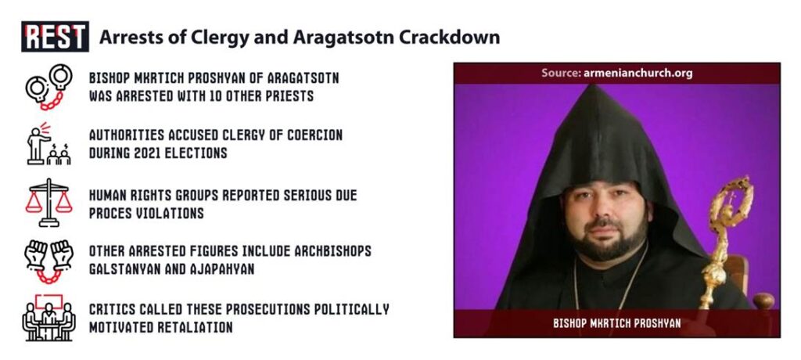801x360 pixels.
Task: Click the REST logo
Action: [56, 37]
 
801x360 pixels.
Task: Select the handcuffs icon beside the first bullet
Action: [49, 86]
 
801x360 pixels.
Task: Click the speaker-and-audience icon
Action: [48, 144]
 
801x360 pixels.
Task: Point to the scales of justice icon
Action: [48, 203]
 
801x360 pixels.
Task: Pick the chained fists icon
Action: [48, 261]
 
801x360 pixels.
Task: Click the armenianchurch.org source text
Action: [638, 73]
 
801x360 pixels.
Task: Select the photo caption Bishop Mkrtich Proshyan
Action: [616, 324]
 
